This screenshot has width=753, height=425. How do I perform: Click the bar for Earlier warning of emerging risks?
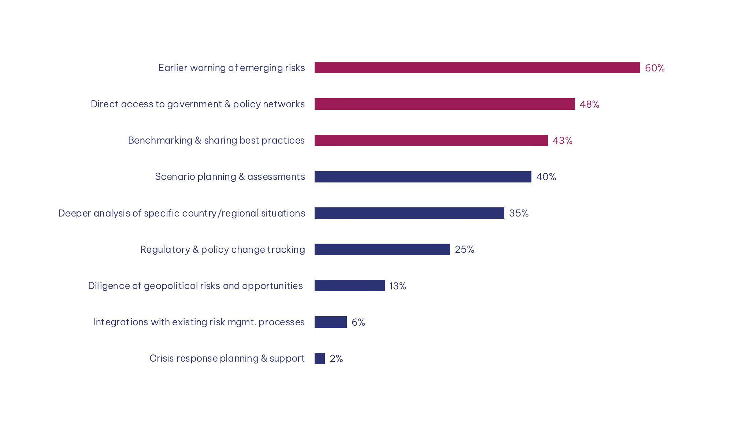tap(477, 68)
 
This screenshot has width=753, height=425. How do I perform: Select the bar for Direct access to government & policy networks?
tap(444, 104)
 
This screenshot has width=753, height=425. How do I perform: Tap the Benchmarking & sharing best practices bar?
tap(431, 140)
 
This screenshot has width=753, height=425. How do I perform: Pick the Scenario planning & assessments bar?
tap(423, 177)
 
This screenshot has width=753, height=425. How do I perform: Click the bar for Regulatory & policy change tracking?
tap(382, 250)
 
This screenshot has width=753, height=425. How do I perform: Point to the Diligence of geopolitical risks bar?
tap(349, 286)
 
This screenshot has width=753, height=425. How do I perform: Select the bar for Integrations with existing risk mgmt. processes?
tap(330, 322)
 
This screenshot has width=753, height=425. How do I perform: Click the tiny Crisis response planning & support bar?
tap(319, 358)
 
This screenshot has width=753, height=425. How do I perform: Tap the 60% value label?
tap(654, 68)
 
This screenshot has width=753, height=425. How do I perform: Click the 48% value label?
tap(589, 104)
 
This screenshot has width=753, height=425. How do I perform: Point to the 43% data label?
tap(562, 141)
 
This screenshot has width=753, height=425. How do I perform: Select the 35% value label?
tap(519, 213)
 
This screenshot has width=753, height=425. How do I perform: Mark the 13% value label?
tap(398, 286)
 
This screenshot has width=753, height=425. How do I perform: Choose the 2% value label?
tap(336, 359)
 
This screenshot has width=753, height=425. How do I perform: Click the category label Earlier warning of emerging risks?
tap(231, 68)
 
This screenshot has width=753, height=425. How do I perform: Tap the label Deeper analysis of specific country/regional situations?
tap(181, 213)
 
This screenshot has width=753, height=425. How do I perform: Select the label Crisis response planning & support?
tap(227, 358)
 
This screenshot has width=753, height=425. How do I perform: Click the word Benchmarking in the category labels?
tap(160, 140)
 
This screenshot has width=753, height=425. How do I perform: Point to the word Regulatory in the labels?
tap(165, 250)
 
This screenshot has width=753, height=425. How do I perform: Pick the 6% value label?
tap(358, 322)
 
